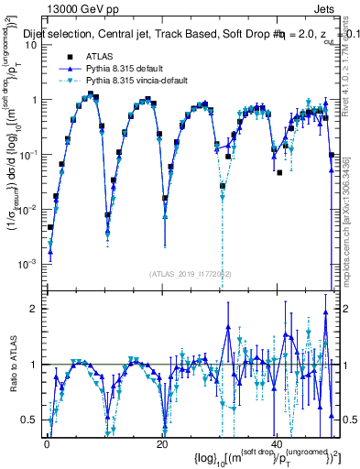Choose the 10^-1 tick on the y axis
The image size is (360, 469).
pyautogui.click(x=27, y=154)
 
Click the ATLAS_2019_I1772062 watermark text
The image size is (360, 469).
pyautogui.click(x=191, y=273)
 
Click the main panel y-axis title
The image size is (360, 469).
pyautogui.click(x=13, y=156)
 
